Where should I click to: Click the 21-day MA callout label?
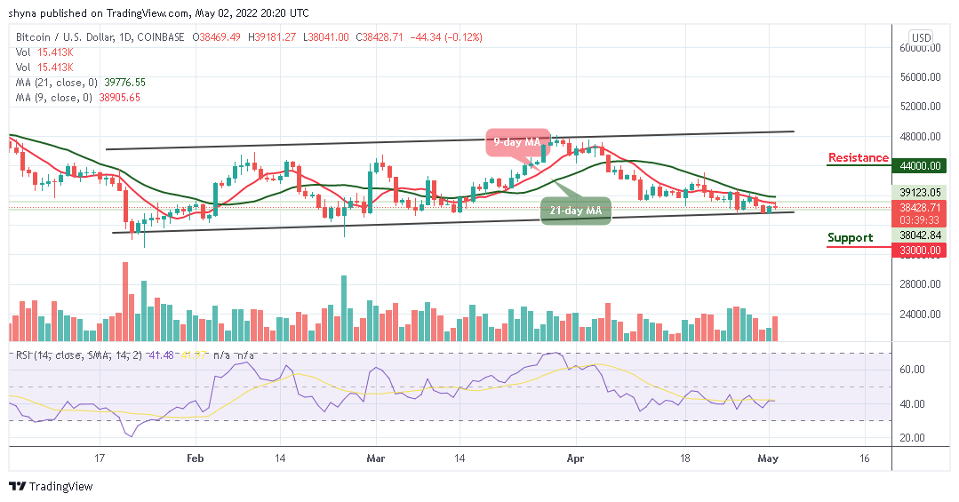tap(576, 210)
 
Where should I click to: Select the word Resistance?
tap(858, 158)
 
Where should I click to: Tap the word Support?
tap(850, 237)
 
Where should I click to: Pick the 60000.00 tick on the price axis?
tap(924, 47)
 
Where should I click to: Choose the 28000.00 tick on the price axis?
tap(924, 284)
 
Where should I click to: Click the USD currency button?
tap(922, 37)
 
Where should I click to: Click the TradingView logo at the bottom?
tap(52, 486)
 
